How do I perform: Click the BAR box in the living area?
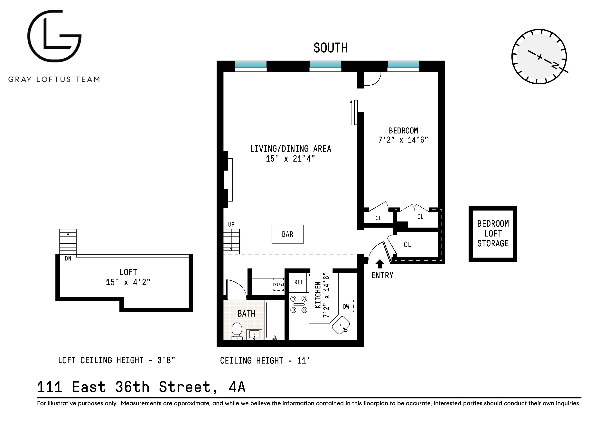[287, 234]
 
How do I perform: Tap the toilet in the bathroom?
[237, 331]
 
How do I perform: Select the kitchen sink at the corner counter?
[341, 325]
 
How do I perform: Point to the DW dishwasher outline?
[346, 306]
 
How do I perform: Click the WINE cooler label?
[278, 284]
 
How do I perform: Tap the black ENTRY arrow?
[380, 264]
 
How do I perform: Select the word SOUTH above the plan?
[331, 48]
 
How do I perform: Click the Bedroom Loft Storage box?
[492, 234]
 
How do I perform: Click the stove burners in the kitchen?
[299, 304]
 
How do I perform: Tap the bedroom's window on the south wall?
[403, 65]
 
